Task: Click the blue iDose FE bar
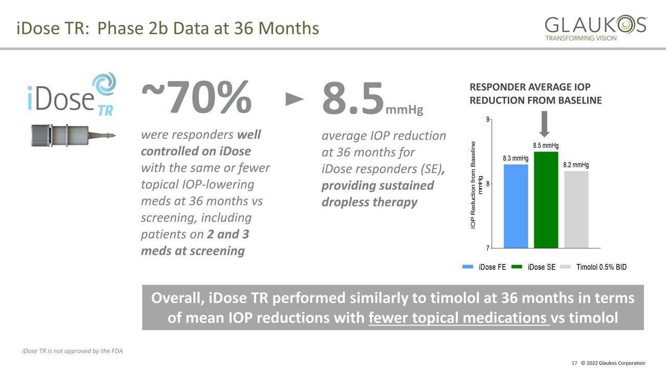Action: (515, 206)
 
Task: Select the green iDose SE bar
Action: (546, 200)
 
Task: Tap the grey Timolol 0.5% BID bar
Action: (576, 209)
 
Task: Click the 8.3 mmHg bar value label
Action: (515, 158)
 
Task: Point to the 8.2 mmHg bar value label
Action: (576, 165)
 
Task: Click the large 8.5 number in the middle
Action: (352, 98)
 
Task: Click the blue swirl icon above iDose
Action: (104, 84)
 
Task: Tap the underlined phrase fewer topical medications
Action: (458, 318)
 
